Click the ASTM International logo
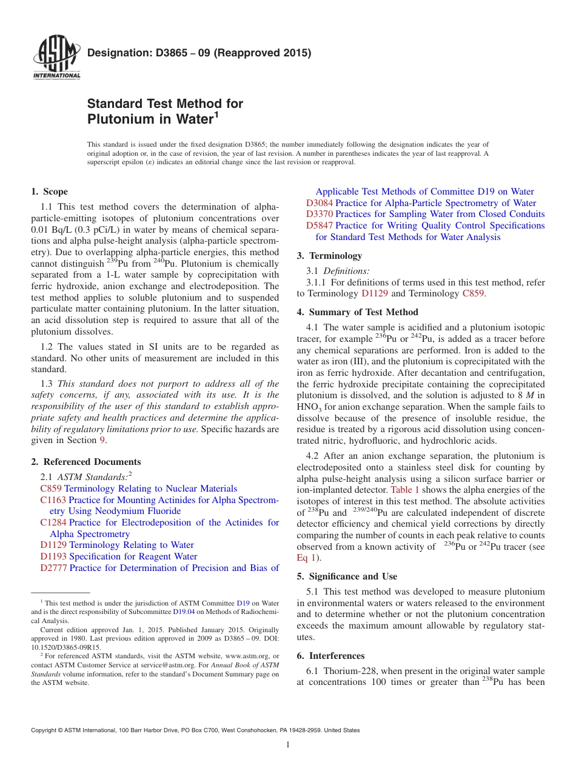tap(56, 58)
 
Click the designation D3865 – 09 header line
tap(199, 53)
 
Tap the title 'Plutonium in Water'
tap(153, 119)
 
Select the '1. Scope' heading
tap(49, 192)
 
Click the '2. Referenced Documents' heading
tap(85, 462)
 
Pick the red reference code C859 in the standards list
tap(51, 489)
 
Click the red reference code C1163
tap(53, 500)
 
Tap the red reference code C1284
tap(53, 522)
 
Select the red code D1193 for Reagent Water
tap(54, 556)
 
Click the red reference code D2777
tap(54, 568)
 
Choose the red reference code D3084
tap(319, 203)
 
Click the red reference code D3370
tap(319, 214)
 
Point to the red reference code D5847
tap(319, 225)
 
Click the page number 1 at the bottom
tap(288, 744)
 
